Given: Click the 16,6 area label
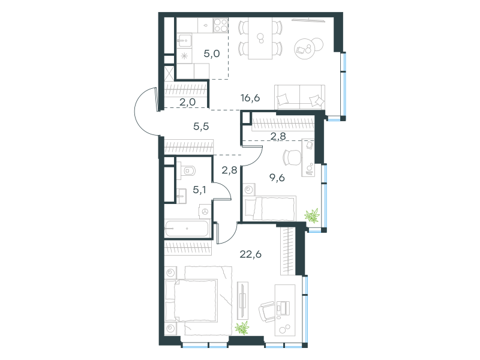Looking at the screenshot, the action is [x=250, y=98].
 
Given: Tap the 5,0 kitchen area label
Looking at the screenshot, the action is [x=212, y=53].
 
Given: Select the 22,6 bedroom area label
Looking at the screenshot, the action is [x=250, y=254].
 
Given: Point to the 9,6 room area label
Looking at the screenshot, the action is [x=277, y=178].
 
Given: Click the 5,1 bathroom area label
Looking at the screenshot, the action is [x=199, y=190].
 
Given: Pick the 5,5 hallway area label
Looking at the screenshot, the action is [x=201, y=126].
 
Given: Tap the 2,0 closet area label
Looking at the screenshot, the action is [x=187, y=102].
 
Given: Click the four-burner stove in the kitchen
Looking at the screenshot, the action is [x=221, y=25].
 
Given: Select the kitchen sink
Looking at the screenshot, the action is [x=184, y=40].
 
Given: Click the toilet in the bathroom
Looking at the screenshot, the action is [x=187, y=170].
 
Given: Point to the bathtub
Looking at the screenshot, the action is [x=187, y=229].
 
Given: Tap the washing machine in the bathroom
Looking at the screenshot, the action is [x=205, y=211].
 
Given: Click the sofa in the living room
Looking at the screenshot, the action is [x=299, y=97].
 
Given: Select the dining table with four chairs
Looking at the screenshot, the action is [x=260, y=38].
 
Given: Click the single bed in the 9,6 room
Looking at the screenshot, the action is [x=270, y=209].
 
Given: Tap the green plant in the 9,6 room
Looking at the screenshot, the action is [x=312, y=215].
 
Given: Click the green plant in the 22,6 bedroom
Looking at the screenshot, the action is [x=242, y=328].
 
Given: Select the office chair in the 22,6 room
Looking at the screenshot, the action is [x=266, y=312].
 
